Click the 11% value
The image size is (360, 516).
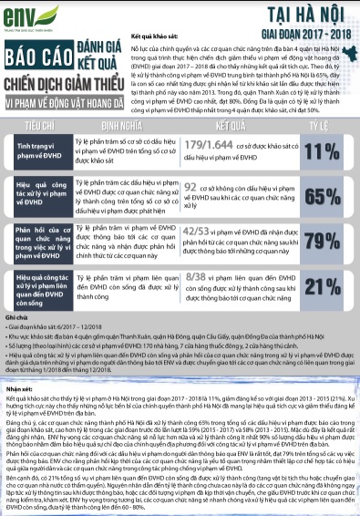pos(319,152)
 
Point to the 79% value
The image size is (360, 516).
pos(319,242)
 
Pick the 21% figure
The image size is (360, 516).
pos(319,287)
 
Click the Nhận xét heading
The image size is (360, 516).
pos(19,387)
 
